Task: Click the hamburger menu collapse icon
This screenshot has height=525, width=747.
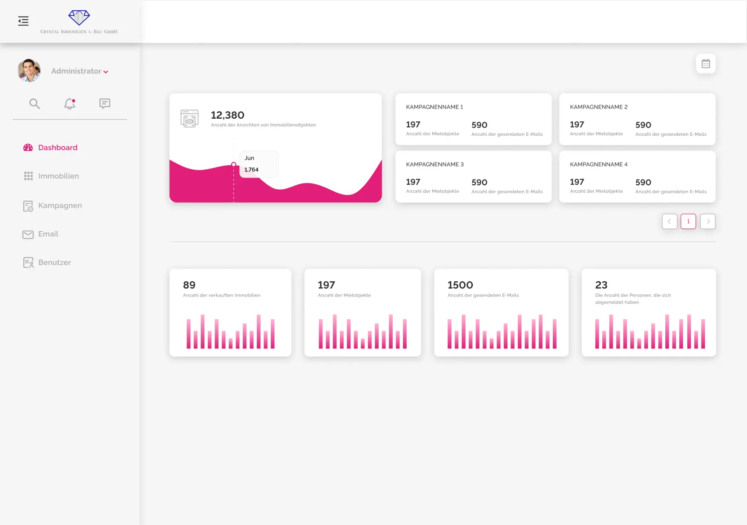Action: tap(23, 21)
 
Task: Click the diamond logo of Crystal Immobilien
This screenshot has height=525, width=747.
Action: tap(79, 17)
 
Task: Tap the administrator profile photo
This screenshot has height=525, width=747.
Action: tap(29, 71)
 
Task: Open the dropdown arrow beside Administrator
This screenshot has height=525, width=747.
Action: tap(106, 72)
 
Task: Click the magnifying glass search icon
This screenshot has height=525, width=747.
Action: tap(34, 103)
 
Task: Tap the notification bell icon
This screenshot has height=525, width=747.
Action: tap(70, 103)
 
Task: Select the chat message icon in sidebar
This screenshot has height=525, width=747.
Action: tap(105, 103)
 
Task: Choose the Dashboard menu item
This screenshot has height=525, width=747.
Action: tap(57, 148)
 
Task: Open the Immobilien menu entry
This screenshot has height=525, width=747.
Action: tap(58, 176)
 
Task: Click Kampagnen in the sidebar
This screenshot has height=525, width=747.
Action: tap(60, 205)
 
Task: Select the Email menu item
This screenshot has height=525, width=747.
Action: tap(48, 234)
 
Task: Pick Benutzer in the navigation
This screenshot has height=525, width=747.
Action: tap(54, 262)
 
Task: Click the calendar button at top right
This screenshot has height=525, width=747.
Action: tap(706, 64)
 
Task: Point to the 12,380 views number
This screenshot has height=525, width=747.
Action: tap(227, 115)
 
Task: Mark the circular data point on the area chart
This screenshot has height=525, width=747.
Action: tap(233, 165)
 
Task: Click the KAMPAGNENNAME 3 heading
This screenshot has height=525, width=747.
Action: tap(434, 164)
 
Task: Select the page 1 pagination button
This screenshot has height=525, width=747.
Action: tap(688, 221)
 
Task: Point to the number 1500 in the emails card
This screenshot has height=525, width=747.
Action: tap(460, 285)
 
